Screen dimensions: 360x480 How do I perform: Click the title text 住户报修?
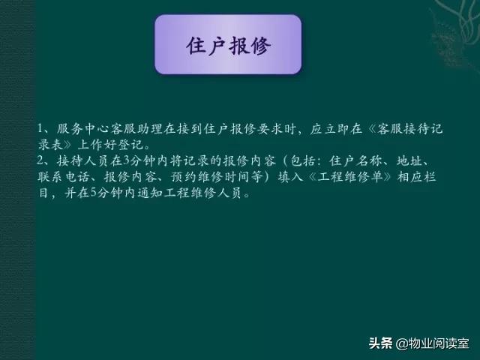point(228,45)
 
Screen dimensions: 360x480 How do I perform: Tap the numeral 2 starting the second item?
point(40,161)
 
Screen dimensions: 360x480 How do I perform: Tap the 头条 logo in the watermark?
point(380,343)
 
